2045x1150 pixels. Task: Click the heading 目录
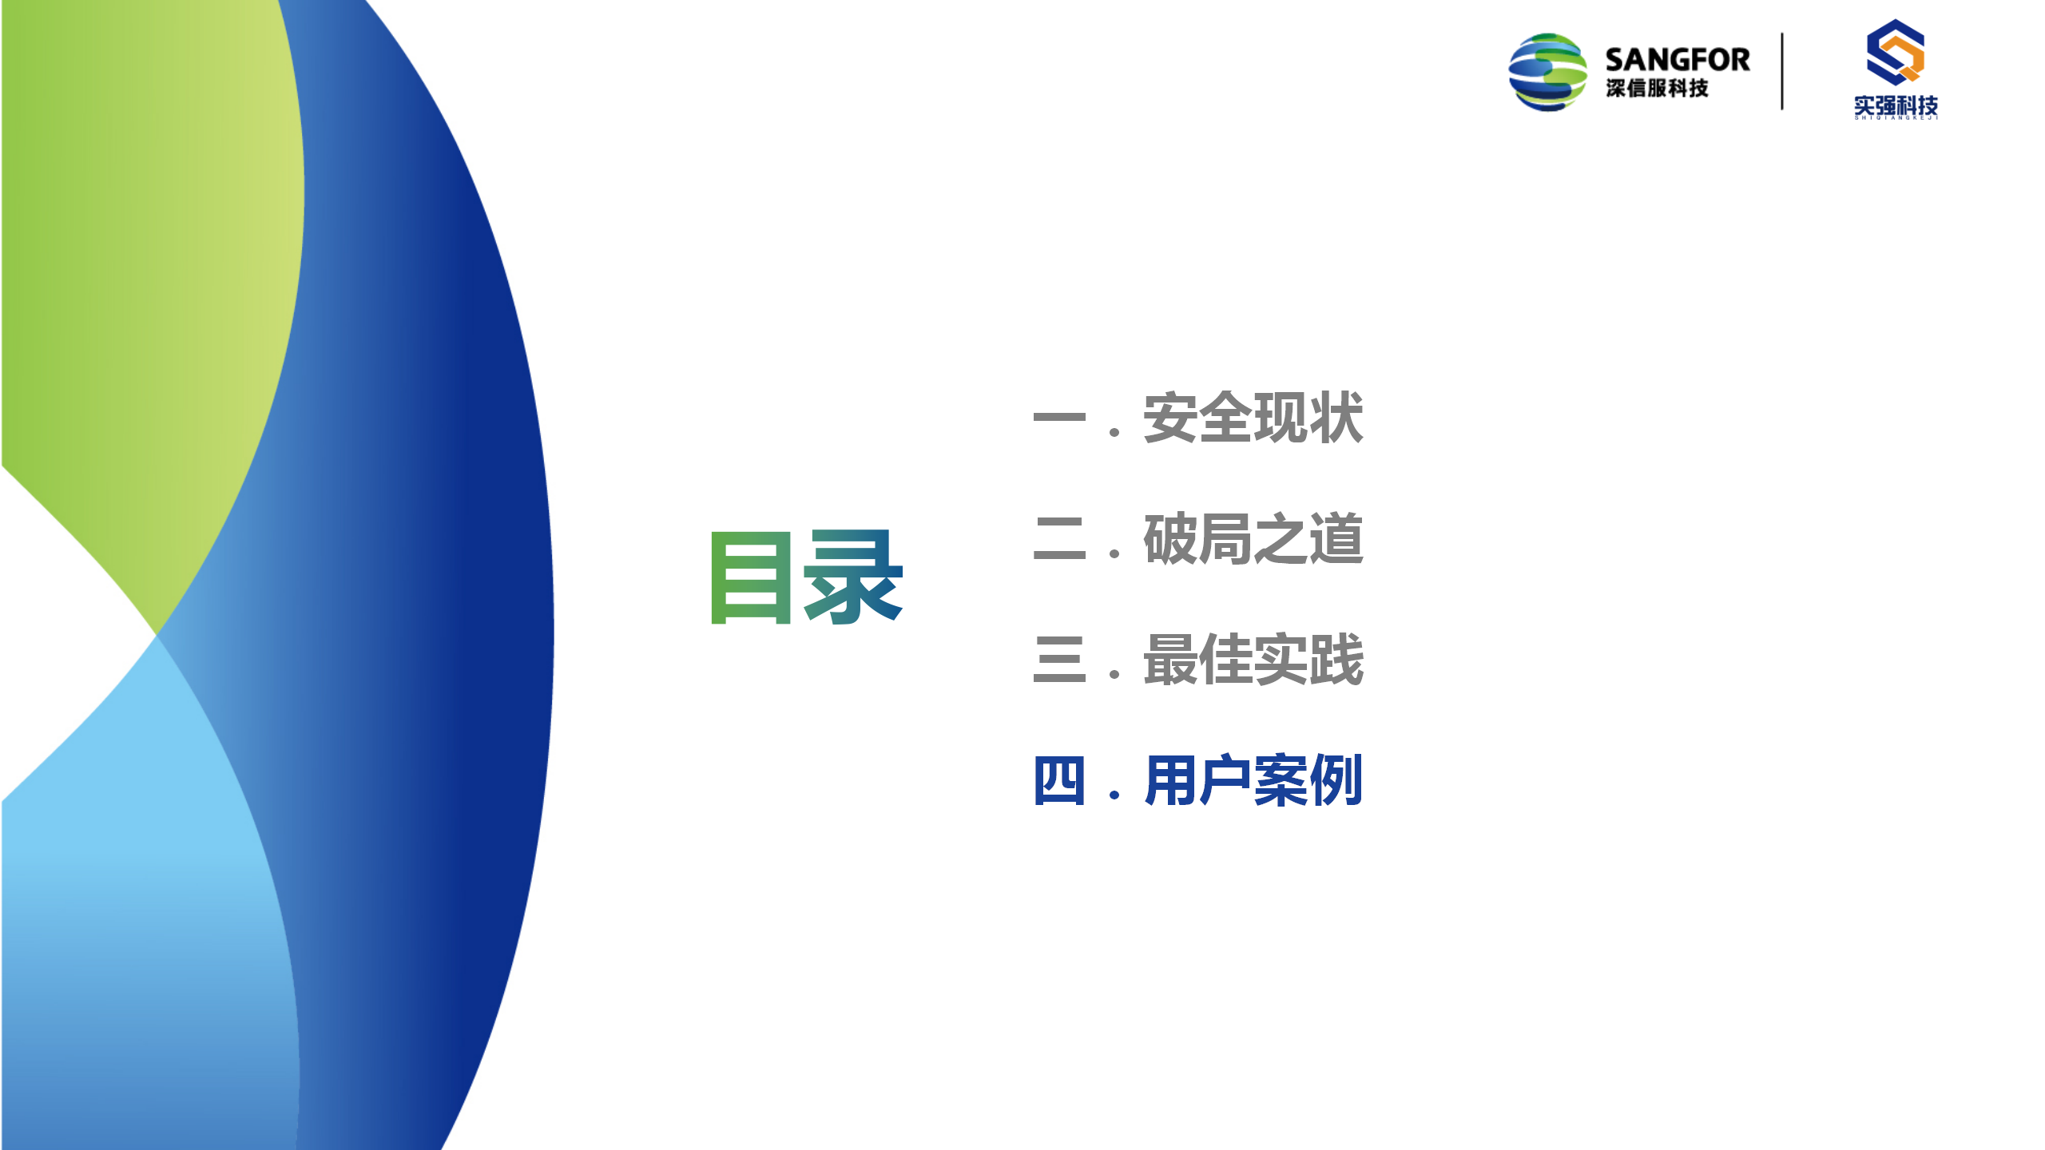pos(807,577)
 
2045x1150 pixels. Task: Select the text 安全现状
pos(1253,418)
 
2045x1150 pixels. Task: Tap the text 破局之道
pos(1253,539)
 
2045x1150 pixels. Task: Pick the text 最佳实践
pos(1253,660)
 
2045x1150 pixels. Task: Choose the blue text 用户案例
pos(1253,780)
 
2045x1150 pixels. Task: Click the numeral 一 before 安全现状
pos(1059,417)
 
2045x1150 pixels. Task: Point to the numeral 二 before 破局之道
pos(1059,539)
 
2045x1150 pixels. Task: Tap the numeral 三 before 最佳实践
pos(1059,660)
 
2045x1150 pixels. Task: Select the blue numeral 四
pos(1059,780)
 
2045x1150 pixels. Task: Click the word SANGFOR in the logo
pos(1678,60)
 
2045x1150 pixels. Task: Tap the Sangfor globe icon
pos(1547,72)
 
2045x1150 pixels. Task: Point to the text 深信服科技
pos(1658,88)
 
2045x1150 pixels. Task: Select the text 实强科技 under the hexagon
pos(1896,105)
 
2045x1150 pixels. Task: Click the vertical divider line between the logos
pos(1782,71)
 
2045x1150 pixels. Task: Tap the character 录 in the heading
pos(854,577)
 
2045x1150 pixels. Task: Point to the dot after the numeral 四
pos(1114,795)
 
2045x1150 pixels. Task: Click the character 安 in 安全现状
pos(1170,418)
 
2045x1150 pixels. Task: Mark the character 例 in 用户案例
pos(1336,780)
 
